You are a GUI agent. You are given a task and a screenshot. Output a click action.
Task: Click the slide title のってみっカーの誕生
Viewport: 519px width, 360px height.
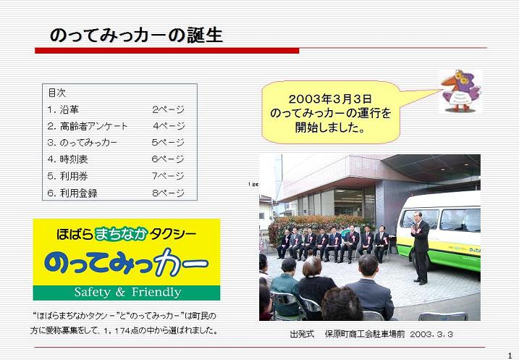pyautogui.click(x=136, y=35)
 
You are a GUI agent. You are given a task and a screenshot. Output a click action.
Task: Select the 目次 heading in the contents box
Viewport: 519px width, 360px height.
pyautogui.click(x=57, y=93)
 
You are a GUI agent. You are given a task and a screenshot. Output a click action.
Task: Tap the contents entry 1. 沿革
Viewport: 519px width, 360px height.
pyautogui.click(x=63, y=109)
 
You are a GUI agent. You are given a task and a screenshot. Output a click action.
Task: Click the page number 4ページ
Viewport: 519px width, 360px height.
pyautogui.click(x=169, y=126)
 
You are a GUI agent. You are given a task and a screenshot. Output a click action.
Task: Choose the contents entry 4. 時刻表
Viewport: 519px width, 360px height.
pyautogui.click(x=67, y=159)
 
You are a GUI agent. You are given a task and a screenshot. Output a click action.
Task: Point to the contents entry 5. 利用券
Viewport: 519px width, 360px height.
pyautogui.click(x=67, y=176)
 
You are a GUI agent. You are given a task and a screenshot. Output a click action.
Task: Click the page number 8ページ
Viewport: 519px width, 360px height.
pyautogui.click(x=169, y=193)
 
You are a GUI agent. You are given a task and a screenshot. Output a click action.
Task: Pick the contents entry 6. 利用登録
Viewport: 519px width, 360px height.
pyautogui.click(x=72, y=193)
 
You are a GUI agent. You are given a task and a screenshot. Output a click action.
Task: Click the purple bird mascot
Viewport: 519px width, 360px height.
pyautogui.click(x=460, y=91)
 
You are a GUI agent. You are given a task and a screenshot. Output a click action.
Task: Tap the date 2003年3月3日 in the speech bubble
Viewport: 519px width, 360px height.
pyautogui.click(x=330, y=99)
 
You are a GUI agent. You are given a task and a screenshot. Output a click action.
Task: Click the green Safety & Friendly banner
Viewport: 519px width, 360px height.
pyautogui.click(x=127, y=293)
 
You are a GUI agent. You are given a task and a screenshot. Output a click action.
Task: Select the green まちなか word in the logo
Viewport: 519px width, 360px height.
pyautogui.click(x=121, y=234)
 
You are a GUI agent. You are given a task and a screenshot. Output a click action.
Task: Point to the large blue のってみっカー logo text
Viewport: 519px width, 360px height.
pyautogui.click(x=127, y=263)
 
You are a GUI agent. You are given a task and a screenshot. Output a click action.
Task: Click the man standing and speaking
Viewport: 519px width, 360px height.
pyautogui.click(x=420, y=248)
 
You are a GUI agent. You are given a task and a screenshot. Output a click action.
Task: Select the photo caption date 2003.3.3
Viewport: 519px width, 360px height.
pyautogui.click(x=431, y=334)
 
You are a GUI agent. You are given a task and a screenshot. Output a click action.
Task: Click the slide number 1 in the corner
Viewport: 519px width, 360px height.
pyautogui.click(x=510, y=356)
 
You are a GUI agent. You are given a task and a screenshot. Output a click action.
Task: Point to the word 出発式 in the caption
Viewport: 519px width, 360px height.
pyautogui.click(x=302, y=334)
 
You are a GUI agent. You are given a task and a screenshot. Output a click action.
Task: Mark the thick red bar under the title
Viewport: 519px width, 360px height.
pyautogui.click(x=167, y=51)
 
